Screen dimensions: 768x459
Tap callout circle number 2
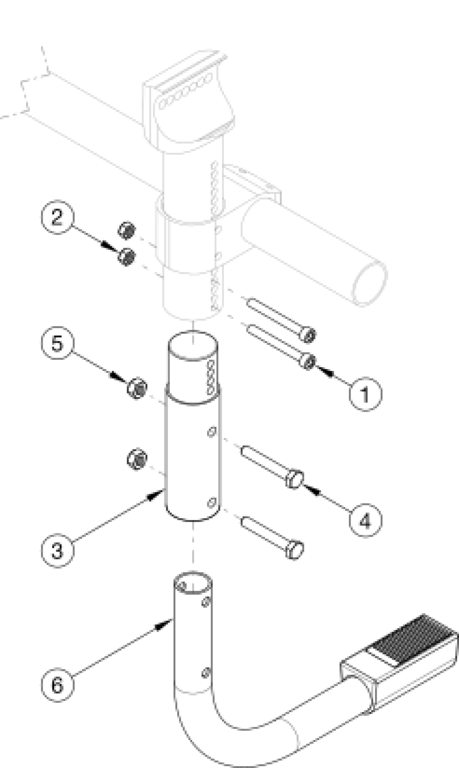(x=56, y=216)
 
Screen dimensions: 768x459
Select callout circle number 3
(x=56, y=549)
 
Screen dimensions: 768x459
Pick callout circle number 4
(x=365, y=520)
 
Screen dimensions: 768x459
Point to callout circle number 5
(x=56, y=343)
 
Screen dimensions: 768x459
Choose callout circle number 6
(x=56, y=685)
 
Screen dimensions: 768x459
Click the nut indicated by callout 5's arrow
(x=137, y=388)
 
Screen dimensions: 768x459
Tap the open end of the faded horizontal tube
(x=369, y=284)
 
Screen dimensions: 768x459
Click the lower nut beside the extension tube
(x=137, y=459)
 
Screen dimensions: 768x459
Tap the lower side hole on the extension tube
(x=212, y=503)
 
